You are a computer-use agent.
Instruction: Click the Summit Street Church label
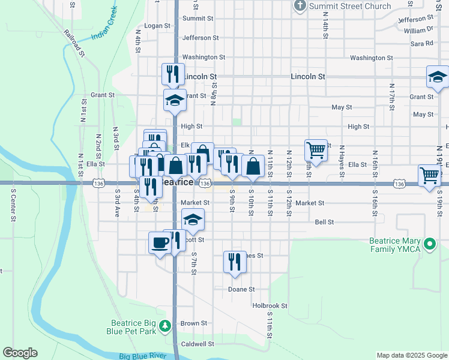click(349, 6)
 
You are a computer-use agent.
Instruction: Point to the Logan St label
click(158, 26)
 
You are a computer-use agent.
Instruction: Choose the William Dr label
click(418, 30)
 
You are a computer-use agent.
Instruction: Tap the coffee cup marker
click(160, 243)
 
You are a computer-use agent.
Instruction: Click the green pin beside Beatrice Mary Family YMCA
click(429, 244)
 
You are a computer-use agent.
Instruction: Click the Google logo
click(20, 353)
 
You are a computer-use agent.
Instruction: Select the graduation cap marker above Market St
click(193, 220)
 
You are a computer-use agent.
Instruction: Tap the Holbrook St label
click(270, 305)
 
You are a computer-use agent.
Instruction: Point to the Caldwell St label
click(197, 344)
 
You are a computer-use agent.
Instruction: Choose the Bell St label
click(324, 222)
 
